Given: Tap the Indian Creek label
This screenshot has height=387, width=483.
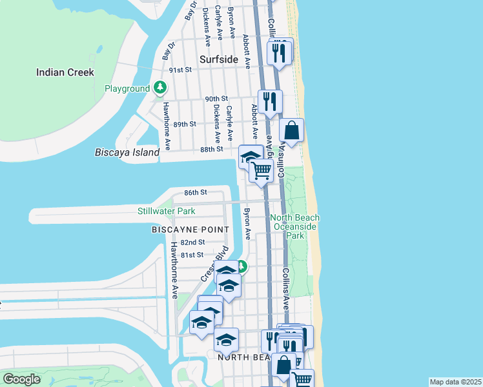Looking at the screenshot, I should pyautogui.click(x=65, y=72).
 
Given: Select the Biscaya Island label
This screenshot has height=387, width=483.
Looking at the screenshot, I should pyautogui.click(x=127, y=152).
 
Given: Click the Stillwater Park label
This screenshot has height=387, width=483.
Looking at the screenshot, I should pyautogui.click(x=166, y=211).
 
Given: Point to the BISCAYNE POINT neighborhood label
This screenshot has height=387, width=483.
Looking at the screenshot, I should pyautogui.click(x=190, y=230).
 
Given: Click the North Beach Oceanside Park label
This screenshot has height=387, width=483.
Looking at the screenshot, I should pyautogui.click(x=294, y=227).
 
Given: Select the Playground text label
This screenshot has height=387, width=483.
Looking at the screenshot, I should pyautogui.click(x=127, y=88).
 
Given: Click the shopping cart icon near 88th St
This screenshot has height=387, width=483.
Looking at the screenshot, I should pyautogui.click(x=262, y=171).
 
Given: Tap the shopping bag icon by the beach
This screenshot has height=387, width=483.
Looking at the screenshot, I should pyautogui.click(x=292, y=130).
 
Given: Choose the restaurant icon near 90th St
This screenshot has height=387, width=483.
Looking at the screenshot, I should pyautogui.click(x=271, y=101).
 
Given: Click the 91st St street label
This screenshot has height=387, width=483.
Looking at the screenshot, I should pyautogui.click(x=180, y=69).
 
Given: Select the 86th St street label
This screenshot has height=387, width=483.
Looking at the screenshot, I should pyautogui.click(x=195, y=192).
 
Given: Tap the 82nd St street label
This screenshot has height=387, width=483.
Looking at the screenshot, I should pyautogui.click(x=192, y=242).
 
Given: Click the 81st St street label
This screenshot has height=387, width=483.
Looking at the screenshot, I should pyautogui.click(x=192, y=255).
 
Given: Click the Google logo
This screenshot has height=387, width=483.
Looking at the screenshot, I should pyautogui.click(x=21, y=379).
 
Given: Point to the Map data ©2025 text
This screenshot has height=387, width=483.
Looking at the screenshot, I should pyautogui.click(x=455, y=382).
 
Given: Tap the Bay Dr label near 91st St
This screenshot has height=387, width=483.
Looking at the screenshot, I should pyautogui.click(x=171, y=50).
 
